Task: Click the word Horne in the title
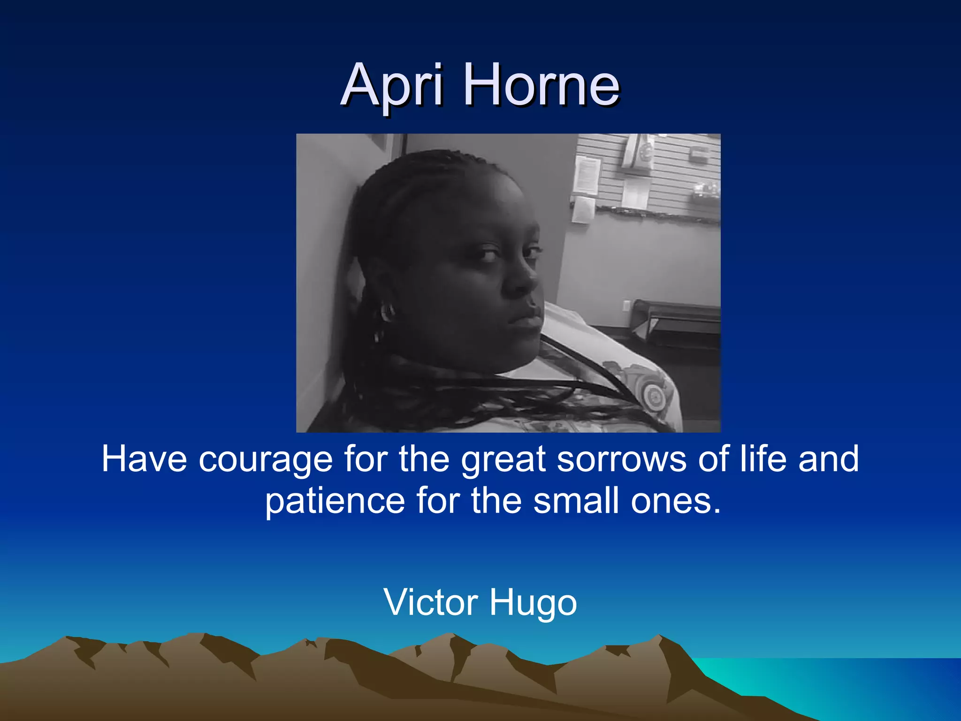pos(542,86)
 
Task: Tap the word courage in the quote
pos(266,460)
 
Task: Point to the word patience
pos(335,501)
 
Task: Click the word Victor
pos(431,602)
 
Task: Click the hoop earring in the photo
pos(388,312)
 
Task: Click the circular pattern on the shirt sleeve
pos(653,394)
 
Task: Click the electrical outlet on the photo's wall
pos(626,306)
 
